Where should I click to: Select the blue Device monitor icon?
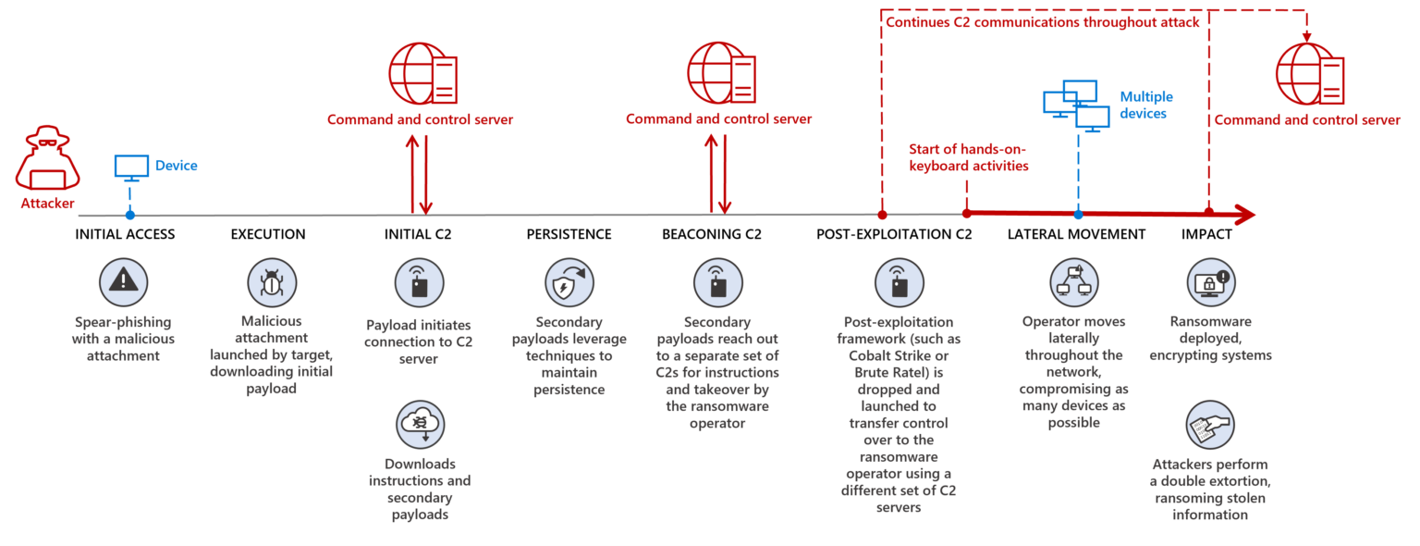[130, 167]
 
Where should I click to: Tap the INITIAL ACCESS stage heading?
[125, 234]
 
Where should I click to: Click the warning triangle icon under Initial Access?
[123, 282]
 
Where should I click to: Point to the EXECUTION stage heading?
[268, 234]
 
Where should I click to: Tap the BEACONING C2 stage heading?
[712, 234]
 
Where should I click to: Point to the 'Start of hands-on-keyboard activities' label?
[968, 158]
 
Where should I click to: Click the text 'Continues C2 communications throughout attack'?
[1042, 22]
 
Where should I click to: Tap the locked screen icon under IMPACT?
[1210, 282]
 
